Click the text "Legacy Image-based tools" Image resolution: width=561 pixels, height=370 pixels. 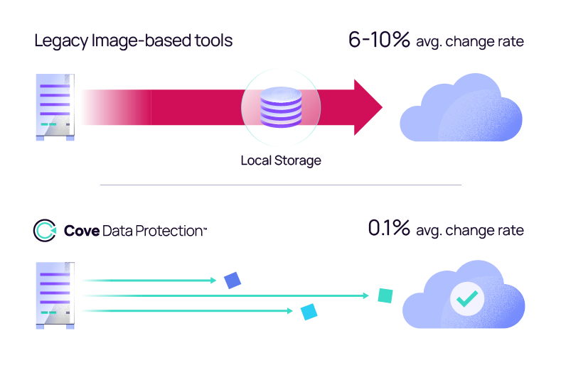[x=133, y=41]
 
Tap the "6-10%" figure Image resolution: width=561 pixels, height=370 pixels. [x=379, y=40]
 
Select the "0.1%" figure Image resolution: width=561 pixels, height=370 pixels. [x=389, y=229]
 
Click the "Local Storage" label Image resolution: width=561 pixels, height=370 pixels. [x=281, y=160]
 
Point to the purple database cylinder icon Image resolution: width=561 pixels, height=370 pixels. [x=281, y=107]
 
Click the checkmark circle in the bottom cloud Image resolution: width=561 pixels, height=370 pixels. [x=466, y=300]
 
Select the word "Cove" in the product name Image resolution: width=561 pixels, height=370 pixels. [x=81, y=231]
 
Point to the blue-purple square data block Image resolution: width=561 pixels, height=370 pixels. [x=233, y=281]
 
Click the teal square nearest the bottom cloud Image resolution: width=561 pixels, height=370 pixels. [x=385, y=295]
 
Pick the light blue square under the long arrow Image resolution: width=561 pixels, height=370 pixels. [x=309, y=312]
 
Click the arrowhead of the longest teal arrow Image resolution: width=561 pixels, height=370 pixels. [x=367, y=295]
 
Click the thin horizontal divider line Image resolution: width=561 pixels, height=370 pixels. [x=280, y=185]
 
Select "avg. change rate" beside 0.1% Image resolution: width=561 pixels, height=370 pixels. [x=470, y=230]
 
